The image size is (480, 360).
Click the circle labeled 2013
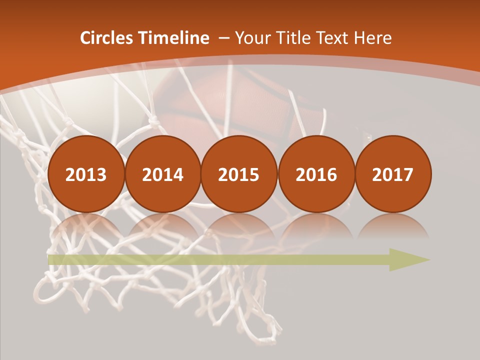86,174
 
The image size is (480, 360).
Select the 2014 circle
162,174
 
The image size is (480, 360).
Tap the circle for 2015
239,174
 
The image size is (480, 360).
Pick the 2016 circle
316,174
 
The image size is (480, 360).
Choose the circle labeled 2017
392,174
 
